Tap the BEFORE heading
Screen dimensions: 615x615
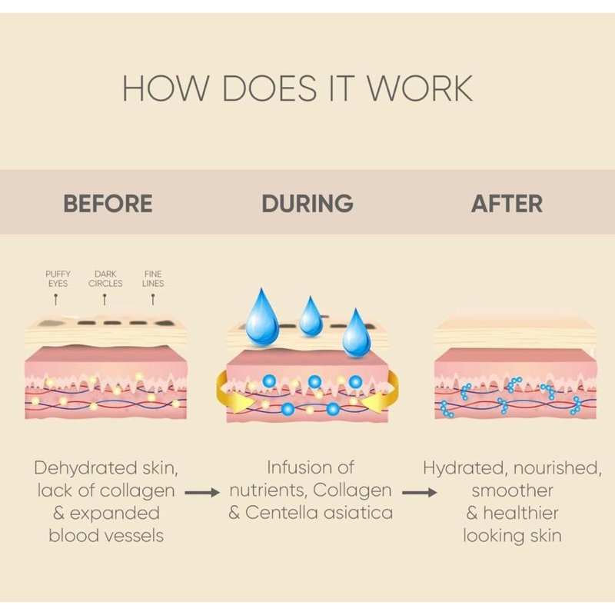pyautogui.click(x=108, y=204)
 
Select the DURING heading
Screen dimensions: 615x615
pyautogui.click(x=307, y=204)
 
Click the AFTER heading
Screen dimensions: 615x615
pyautogui.click(x=507, y=204)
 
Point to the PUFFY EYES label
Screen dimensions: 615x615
pyautogui.click(x=58, y=278)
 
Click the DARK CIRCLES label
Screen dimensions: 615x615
pyautogui.click(x=105, y=278)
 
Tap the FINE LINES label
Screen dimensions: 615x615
pyautogui.click(x=153, y=278)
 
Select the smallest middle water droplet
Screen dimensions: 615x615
pyautogui.click(x=311, y=317)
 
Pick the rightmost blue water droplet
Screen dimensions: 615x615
pyautogui.click(x=356, y=333)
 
